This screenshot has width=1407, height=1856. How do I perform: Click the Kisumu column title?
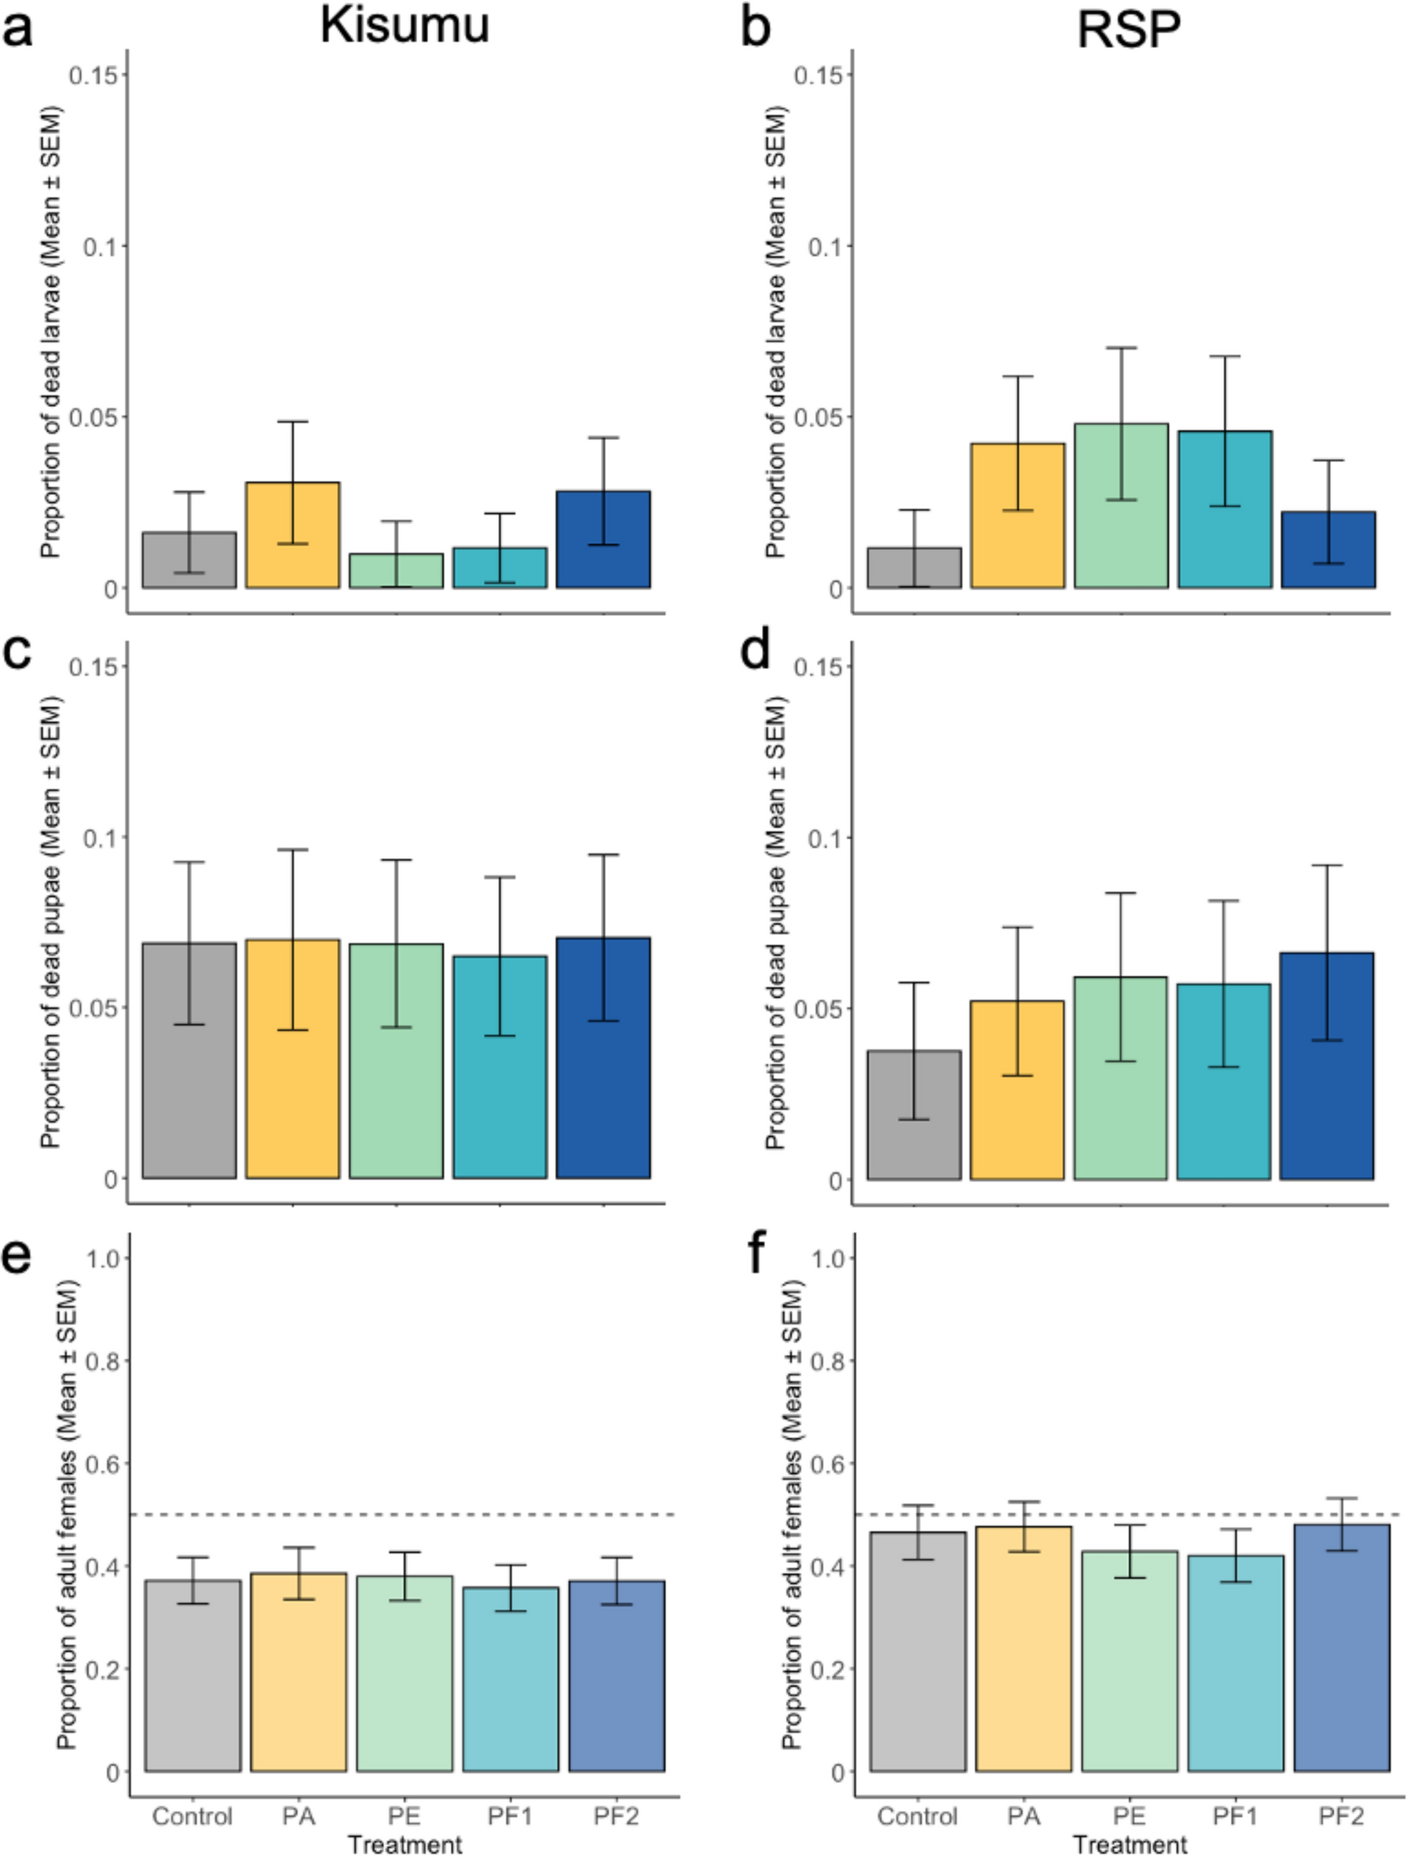[405, 27]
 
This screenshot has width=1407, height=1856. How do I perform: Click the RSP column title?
[1128, 30]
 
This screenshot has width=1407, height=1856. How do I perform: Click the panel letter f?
[757, 1254]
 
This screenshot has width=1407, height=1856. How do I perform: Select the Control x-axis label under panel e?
[192, 1817]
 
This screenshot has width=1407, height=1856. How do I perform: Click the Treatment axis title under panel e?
[405, 1844]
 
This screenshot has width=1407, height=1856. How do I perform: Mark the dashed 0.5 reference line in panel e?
[403, 1514]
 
